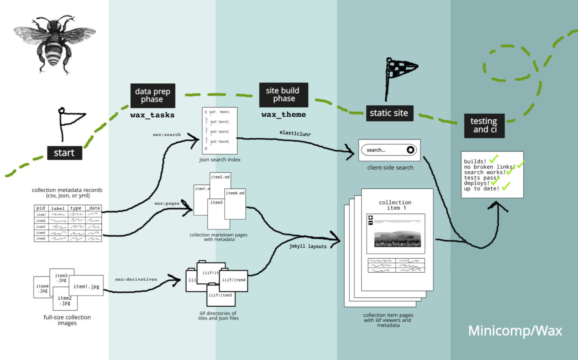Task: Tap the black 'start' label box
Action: pyautogui.click(x=65, y=153)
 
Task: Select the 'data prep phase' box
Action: pyautogui.click(x=152, y=95)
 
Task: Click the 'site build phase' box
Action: pyautogui.click(x=283, y=95)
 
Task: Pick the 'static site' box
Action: pyautogui.click(x=389, y=113)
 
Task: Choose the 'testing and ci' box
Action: pyautogui.click(x=484, y=125)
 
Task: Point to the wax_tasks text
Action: pyautogui.click(x=152, y=115)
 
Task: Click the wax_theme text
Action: pyautogui.click(x=284, y=115)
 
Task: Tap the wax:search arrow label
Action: pyautogui.click(x=167, y=135)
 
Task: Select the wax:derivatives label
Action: pyautogui.click(x=136, y=279)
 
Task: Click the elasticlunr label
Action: pyautogui.click(x=295, y=133)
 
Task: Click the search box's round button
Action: pyautogui.click(x=410, y=150)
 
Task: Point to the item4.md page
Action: pyautogui.click(x=235, y=204)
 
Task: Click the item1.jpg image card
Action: pyautogui.click(x=86, y=286)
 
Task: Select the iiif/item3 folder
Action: pyautogui.click(x=221, y=295)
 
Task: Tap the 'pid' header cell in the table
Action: pyautogui.click(x=41, y=208)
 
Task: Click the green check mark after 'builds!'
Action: pyautogui.click(x=493, y=159)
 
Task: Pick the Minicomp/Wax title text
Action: pyautogui.click(x=515, y=331)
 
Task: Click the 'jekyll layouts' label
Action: pyautogui.click(x=308, y=246)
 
